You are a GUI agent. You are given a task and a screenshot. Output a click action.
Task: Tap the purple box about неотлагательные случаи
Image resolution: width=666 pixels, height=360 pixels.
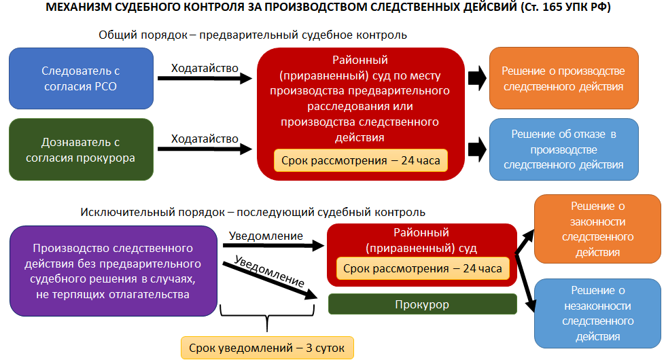[113, 272]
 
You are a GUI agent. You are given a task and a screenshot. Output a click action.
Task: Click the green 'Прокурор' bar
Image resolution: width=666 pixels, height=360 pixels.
[421, 304]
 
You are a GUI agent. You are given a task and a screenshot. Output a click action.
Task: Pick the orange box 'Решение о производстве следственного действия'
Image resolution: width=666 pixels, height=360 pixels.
[563, 79]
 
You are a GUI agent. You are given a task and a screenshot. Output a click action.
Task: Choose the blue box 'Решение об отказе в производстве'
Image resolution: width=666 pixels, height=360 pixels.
[563, 150]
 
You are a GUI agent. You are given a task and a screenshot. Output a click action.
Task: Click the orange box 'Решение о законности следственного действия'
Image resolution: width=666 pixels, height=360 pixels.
[597, 229]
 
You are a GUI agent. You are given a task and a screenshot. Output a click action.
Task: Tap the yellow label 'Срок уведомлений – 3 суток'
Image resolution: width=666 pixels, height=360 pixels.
[268, 348]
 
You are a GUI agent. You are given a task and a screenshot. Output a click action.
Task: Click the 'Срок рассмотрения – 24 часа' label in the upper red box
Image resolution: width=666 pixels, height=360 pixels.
[361, 162]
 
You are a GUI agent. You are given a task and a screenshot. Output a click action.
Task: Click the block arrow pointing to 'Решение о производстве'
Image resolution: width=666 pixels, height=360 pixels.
[478, 78]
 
